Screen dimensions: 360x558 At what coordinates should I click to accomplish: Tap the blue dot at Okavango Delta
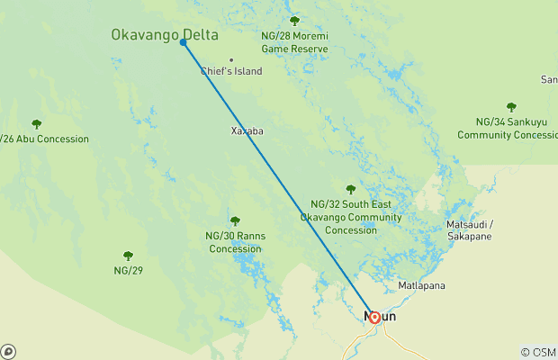click(x=184, y=42)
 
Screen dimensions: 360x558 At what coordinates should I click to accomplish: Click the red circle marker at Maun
click(x=374, y=317)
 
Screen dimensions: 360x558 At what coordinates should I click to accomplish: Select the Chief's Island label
click(x=231, y=71)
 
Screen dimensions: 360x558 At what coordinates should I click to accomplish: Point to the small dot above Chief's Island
click(x=231, y=60)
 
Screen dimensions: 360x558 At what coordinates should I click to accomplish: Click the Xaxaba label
click(x=247, y=130)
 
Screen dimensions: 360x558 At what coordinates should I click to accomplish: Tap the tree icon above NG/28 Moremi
click(x=294, y=21)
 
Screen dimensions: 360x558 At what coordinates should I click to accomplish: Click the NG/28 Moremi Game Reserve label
click(x=294, y=41)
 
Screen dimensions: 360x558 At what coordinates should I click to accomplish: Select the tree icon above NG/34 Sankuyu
click(x=511, y=106)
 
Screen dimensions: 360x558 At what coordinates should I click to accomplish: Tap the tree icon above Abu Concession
click(x=37, y=124)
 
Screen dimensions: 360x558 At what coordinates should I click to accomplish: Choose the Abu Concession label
click(x=45, y=139)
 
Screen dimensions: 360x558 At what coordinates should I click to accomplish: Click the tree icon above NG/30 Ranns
click(x=235, y=220)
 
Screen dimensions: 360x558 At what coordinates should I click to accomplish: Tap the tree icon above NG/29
click(x=128, y=256)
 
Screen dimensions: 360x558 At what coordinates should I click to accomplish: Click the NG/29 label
click(x=128, y=270)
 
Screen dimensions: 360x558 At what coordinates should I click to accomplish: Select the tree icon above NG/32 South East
click(x=351, y=189)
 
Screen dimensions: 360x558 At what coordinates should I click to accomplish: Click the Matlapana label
click(x=422, y=286)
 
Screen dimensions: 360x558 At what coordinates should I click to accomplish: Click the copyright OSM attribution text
click(x=538, y=352)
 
